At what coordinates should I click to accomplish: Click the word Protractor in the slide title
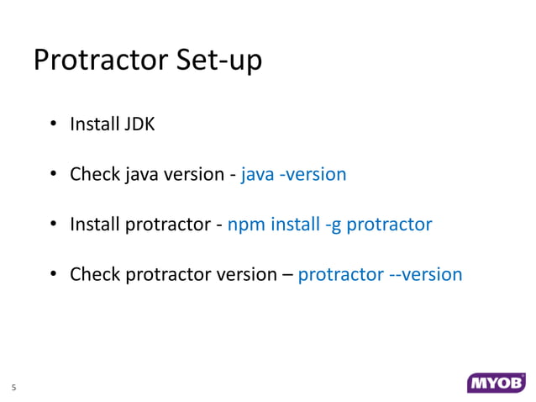click(x=97, y=61)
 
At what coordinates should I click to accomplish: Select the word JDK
click(x=140, y=125)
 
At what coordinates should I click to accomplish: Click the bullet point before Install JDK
click(x=52, y=126)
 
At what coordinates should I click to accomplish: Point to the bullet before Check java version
click(x=52, y=176)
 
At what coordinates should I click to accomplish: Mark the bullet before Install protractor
click(x=52, y=225)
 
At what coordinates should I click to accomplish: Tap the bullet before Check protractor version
click(x=52, y=275)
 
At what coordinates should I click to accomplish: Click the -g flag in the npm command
click(x=333, y=225)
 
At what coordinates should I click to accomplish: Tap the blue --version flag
click(x=426, y=274)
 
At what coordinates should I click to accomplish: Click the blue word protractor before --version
click(x=340, y=274)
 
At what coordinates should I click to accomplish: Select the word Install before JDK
click(x=95, y=125)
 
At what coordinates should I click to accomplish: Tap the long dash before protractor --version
click(x=286, y=275)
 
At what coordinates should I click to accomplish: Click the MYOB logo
click(x=496, y=383)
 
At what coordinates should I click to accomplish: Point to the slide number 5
click(x=13, y=388)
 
